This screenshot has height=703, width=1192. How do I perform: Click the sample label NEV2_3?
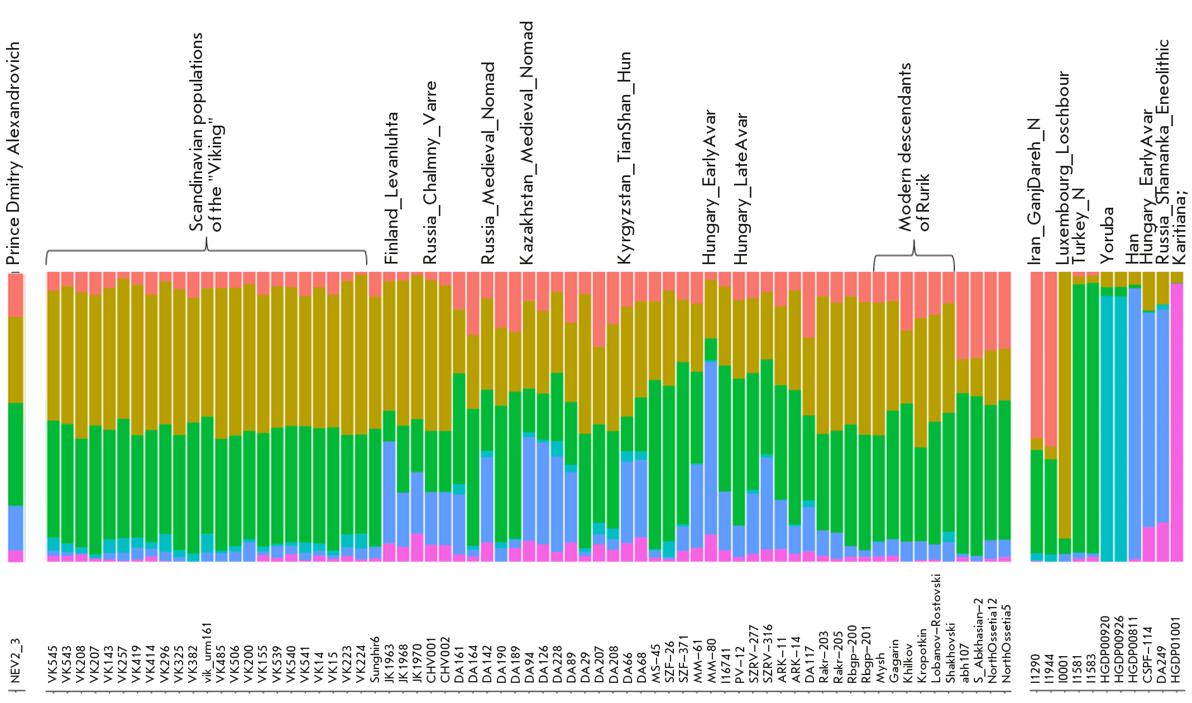pos(15,661)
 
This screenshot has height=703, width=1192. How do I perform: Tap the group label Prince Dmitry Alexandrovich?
pos(13,154)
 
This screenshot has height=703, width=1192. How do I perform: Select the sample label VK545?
pos(53,664)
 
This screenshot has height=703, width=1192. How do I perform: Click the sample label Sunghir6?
pos(375,659)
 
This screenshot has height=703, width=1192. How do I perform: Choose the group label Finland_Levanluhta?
pos(391,189)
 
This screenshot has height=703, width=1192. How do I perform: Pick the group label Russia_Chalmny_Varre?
pos(429,173)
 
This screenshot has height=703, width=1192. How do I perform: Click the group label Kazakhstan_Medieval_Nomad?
pos(526,143)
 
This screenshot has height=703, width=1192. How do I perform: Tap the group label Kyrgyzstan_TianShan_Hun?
pos(624,158)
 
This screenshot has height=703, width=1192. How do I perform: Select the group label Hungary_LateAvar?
pos(740,189)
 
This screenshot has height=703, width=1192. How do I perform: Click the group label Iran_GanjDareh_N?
pos(1035,192)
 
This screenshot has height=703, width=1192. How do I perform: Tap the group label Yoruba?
pos(1107,235)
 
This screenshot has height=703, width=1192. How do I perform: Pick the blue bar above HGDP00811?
pos(1134,424)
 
